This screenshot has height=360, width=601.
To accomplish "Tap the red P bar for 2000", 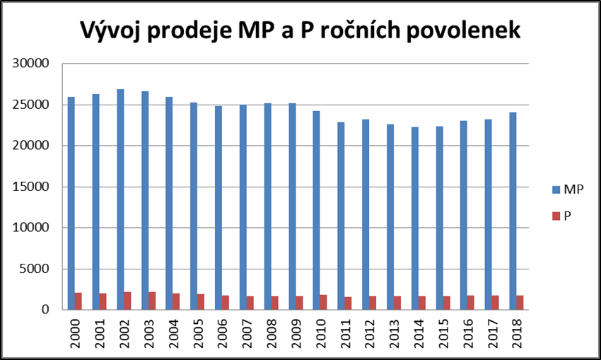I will coord(78,301).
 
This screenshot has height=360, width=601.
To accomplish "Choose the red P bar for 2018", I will coord(520,303).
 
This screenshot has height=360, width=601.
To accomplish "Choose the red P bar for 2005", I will coord(202,302).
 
